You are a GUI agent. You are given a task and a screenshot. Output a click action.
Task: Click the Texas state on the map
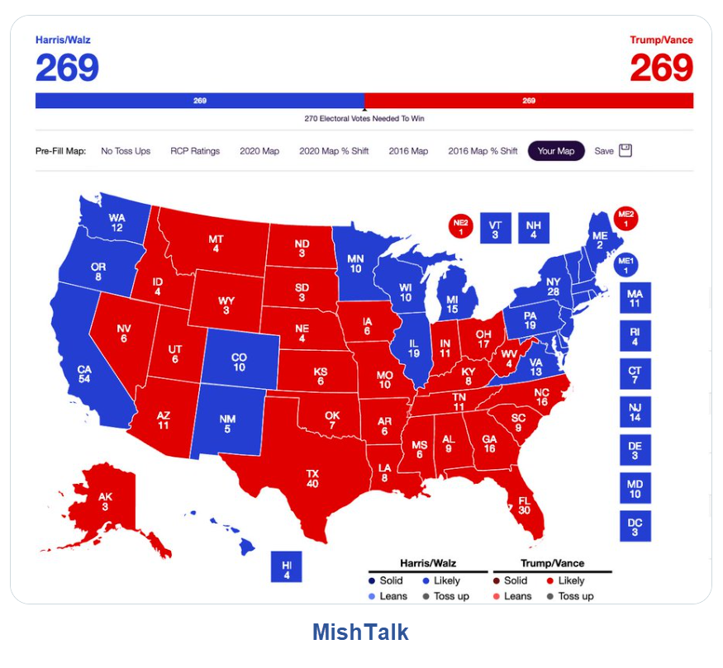pyautogui.click(x=312, y=479)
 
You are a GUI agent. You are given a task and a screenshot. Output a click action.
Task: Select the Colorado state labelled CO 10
pyautogui.click(x=239, y=362)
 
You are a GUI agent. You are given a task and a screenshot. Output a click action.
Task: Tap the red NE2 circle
pyautogui.click(x=460, y=225)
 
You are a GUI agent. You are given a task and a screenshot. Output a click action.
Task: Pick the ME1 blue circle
pyautogui.click(x=627, y=265)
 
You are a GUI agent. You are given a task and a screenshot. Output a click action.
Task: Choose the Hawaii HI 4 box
pyautogui.click(x=287, y=570)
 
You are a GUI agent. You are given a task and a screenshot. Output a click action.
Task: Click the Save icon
pyautogui.click(x=625, y=151)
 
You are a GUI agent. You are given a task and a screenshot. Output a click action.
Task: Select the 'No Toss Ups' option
pyautogui.click(x=126, y=151)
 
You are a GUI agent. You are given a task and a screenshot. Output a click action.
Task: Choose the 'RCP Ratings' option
pyautogui.click(x=195, y=151)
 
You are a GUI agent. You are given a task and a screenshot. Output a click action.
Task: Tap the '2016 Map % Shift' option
pyautogui.click(x=483, y=151)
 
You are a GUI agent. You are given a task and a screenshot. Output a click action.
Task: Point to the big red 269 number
pyautogui.click(x=661, y=68)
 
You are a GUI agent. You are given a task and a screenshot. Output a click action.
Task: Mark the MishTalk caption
pyautogui.click(x=360, y=632)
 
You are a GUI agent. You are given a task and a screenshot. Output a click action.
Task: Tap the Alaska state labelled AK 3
pyautogui.click(x=105, y=500)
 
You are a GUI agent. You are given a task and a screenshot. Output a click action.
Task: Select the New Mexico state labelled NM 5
pyautogui.click(x=227, y=424)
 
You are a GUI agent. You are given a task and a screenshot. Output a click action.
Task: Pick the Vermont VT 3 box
pyautogui.click(x=495, y=229)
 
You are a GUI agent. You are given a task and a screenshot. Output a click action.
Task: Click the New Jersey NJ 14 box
pyautogui.click(x=635, y=413)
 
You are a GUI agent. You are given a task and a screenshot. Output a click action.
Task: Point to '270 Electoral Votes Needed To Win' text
pyautogui.click(x=364, y=119)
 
